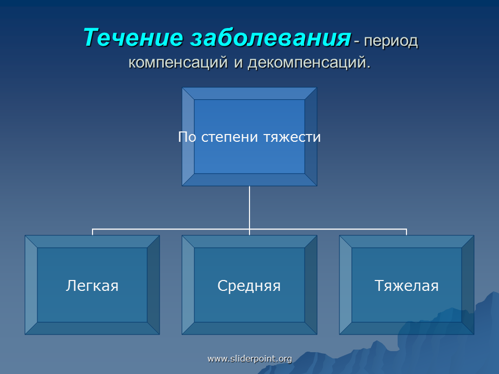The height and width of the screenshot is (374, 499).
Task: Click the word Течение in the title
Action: pyautogui.click(x=133, y=37)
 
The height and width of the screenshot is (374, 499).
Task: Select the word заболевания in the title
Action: pyautogui.click(x=270, y=38)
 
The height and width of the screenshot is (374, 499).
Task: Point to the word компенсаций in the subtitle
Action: pyautogui.click(x=178, y=62)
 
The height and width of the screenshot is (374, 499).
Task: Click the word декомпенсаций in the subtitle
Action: pyautogui.click(x=309, y=62)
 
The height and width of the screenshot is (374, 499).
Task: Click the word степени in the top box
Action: pyautogui.click(x=229, y=137)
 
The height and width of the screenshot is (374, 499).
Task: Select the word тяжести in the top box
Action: pyautogui.click(x=292, y=137)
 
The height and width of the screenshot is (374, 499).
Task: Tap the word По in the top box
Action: pyautogui.click(x=187, y=137)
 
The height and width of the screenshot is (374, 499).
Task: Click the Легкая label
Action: pyautogui.click(x=93, y=286)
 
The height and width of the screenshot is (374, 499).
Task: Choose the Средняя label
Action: pyautogui.click(x=249, y=286)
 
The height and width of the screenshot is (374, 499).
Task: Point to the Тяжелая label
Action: pyautogui.click(x=406, y=286)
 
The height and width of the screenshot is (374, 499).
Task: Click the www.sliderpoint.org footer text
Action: pyautogui.click(x=249, y=359)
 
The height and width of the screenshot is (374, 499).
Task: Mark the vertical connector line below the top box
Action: pyautogui.click(x=249, y=207)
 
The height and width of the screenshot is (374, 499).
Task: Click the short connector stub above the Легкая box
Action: pyautogui.click(x=93, y=232)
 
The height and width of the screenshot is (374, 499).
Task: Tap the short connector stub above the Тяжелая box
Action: pyautogui.click(x=406, y=232)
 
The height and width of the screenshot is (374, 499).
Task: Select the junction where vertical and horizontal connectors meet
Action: pyautogui.click(x=249, y=229)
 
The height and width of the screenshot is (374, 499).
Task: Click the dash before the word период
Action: pyautogui.click(x=357, y=42)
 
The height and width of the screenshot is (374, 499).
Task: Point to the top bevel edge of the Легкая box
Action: pyautogui.click(x=93, y=242)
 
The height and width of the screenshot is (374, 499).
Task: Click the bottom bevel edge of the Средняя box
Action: pyautogui.click(x=249, y=328)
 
